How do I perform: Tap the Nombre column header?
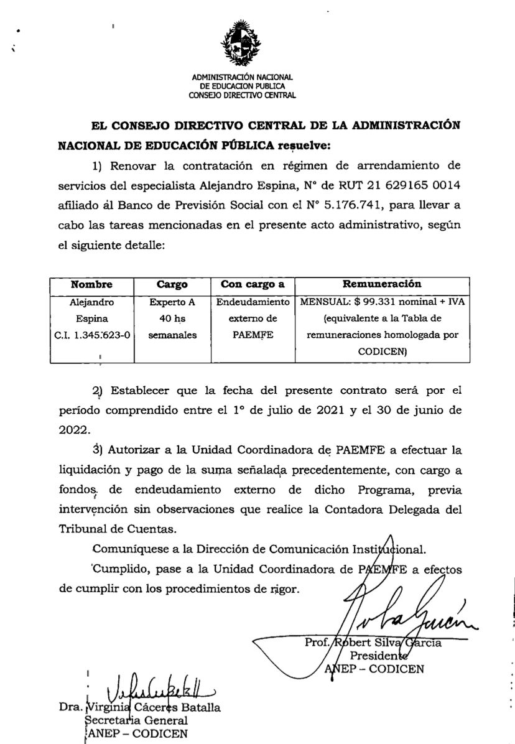(91, 284)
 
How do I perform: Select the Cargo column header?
(172, 284)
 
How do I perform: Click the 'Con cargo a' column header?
(253, 284)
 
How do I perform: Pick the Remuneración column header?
(382, 284)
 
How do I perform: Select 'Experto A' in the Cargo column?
(172, 302)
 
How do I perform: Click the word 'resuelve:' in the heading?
(304, 146)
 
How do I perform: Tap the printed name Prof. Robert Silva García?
(373, 643)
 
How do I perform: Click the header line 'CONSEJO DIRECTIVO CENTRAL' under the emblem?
(242, 96)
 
